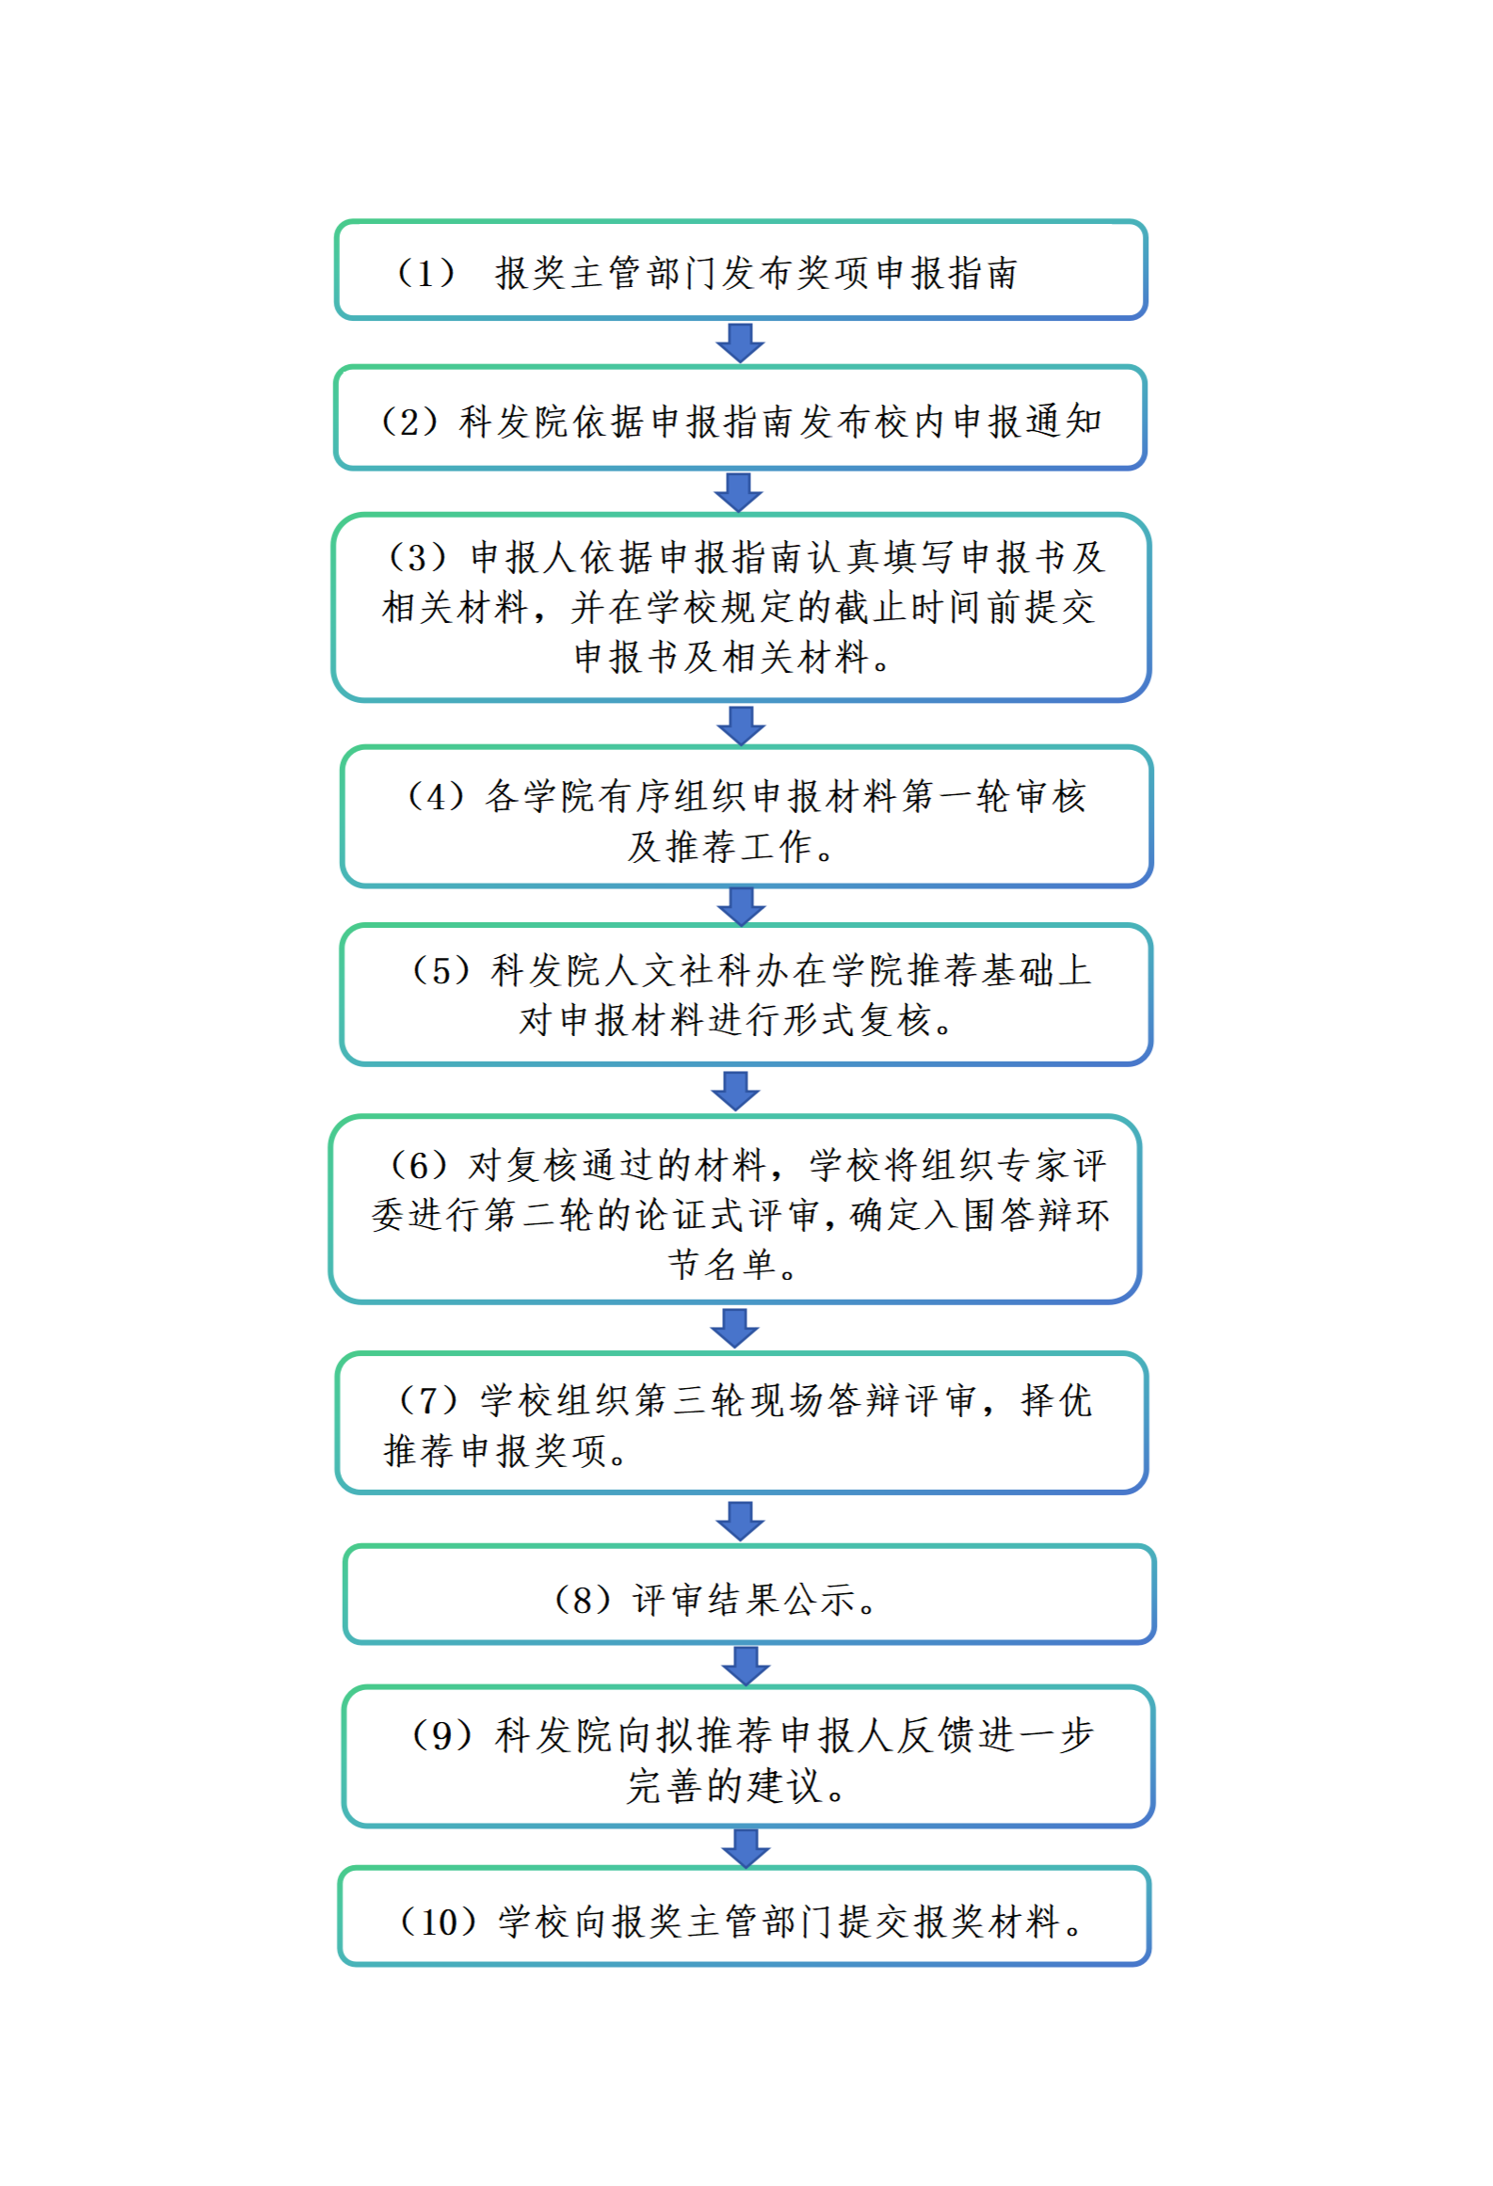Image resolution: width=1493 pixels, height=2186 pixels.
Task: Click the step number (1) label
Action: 425,274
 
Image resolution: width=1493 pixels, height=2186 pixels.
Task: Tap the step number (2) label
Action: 409,422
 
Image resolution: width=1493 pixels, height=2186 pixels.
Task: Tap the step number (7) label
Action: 428,1400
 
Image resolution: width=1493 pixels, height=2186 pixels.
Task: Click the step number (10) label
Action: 441,1922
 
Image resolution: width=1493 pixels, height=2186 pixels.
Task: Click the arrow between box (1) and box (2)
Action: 740,343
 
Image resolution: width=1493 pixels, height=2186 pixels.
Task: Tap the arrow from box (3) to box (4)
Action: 741,726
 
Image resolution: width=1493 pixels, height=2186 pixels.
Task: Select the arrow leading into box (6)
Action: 735,1091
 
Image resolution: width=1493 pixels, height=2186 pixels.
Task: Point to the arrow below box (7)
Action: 740,1521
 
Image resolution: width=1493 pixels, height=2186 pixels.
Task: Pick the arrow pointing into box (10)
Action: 746,1848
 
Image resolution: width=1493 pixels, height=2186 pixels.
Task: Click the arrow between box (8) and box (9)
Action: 746,1667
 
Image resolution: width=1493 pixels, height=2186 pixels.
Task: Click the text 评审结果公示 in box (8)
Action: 744,1600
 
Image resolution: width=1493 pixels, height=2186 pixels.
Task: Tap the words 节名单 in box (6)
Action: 722,1265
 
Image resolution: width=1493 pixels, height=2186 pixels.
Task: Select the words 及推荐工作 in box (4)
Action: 719,846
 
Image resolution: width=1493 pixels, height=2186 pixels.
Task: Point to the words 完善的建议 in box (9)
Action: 723,1786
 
